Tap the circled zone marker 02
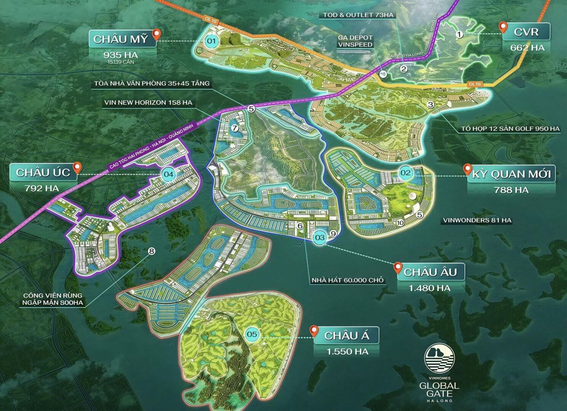coord(405,173)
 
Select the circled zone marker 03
coord(320,238)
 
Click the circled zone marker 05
coord(252,335)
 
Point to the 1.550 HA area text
coord(347,352)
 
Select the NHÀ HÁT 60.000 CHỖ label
coord(348,280)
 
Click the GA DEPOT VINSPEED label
coord(355,41)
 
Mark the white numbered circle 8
coord(151,251)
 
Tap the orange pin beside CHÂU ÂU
coord(398,268)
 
